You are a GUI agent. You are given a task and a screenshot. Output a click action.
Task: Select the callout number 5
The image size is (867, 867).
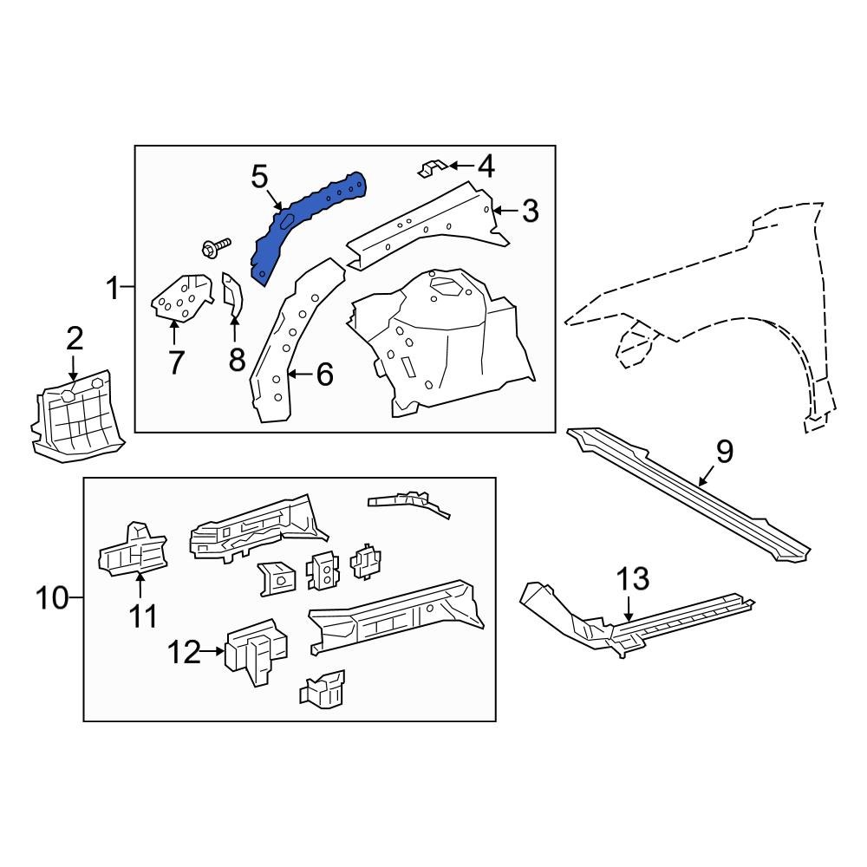260,177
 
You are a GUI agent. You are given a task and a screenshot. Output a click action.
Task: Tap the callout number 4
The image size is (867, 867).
486,166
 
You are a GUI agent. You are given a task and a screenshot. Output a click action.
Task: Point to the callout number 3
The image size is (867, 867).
529,210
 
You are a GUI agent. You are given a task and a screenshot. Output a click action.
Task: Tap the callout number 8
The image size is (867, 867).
237,359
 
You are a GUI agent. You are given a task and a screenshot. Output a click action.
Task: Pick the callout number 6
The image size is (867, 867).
323,375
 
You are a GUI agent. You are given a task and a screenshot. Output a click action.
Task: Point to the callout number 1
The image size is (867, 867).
113,287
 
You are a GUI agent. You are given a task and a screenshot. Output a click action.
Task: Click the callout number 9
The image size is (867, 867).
724,452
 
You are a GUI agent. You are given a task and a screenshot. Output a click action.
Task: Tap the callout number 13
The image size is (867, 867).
632,578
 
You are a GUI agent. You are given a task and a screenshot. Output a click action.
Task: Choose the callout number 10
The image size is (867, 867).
53,597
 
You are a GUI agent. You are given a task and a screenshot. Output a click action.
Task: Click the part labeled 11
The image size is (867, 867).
133,551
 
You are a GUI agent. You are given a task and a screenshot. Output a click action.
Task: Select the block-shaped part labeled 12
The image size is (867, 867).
256,650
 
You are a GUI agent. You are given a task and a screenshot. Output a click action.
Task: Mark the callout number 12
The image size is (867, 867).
185,651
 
